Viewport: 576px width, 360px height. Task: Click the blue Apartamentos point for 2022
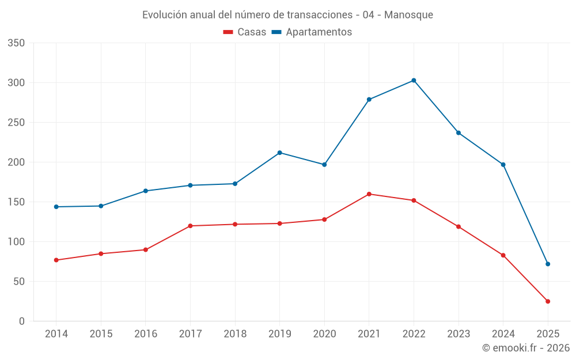(x=414, y=80)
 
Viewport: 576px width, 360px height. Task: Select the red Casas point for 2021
(x=369, y=194)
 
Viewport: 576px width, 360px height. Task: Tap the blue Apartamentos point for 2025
(x=548, y=264)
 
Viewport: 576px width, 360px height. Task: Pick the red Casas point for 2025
(x=548, y=301)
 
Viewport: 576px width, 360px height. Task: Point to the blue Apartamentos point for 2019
(x=279, y=153)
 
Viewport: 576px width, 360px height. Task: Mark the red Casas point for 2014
(x=56, y=260)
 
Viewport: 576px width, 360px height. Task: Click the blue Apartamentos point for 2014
(x=56, y=207)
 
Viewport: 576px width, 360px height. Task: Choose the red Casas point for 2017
(x=190, y=226)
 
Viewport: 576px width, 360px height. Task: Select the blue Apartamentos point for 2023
(x=458, y=133)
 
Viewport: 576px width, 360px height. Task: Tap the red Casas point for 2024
(x=503, y=255)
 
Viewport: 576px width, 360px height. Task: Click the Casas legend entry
(x=245, y=32)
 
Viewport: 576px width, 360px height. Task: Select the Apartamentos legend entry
(x=312, y=32)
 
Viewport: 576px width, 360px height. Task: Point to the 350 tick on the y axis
(x=17, y=43)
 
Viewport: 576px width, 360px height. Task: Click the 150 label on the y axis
(x=17, y=202)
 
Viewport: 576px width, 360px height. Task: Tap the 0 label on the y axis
(x=22, y=321)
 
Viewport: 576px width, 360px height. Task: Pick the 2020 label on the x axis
(x=324, y=334)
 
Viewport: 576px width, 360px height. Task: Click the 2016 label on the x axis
(x=145, y=334)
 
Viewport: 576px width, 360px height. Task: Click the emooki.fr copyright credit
(x=526, y=348)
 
